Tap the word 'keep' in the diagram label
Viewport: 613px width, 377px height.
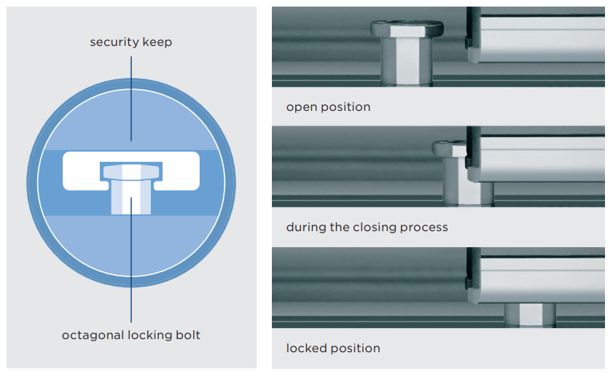click(x=157, y=42)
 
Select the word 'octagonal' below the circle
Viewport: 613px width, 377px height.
click(x=92, y=335)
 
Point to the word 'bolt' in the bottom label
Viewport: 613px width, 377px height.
click(x=186, y=335)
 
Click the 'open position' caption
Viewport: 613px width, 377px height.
click(x=328, y=107)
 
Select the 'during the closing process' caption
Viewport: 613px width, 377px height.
click(x=367, y=227)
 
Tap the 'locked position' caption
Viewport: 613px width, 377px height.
click(x=333, y=348)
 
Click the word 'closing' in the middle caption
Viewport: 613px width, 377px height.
click(x=377, y=227)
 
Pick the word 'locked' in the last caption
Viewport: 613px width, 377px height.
click(x=307, y=348)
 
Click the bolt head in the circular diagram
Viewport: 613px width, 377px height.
click(x=131, y=171)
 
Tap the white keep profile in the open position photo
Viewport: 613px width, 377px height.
click(x=539, y=36)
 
